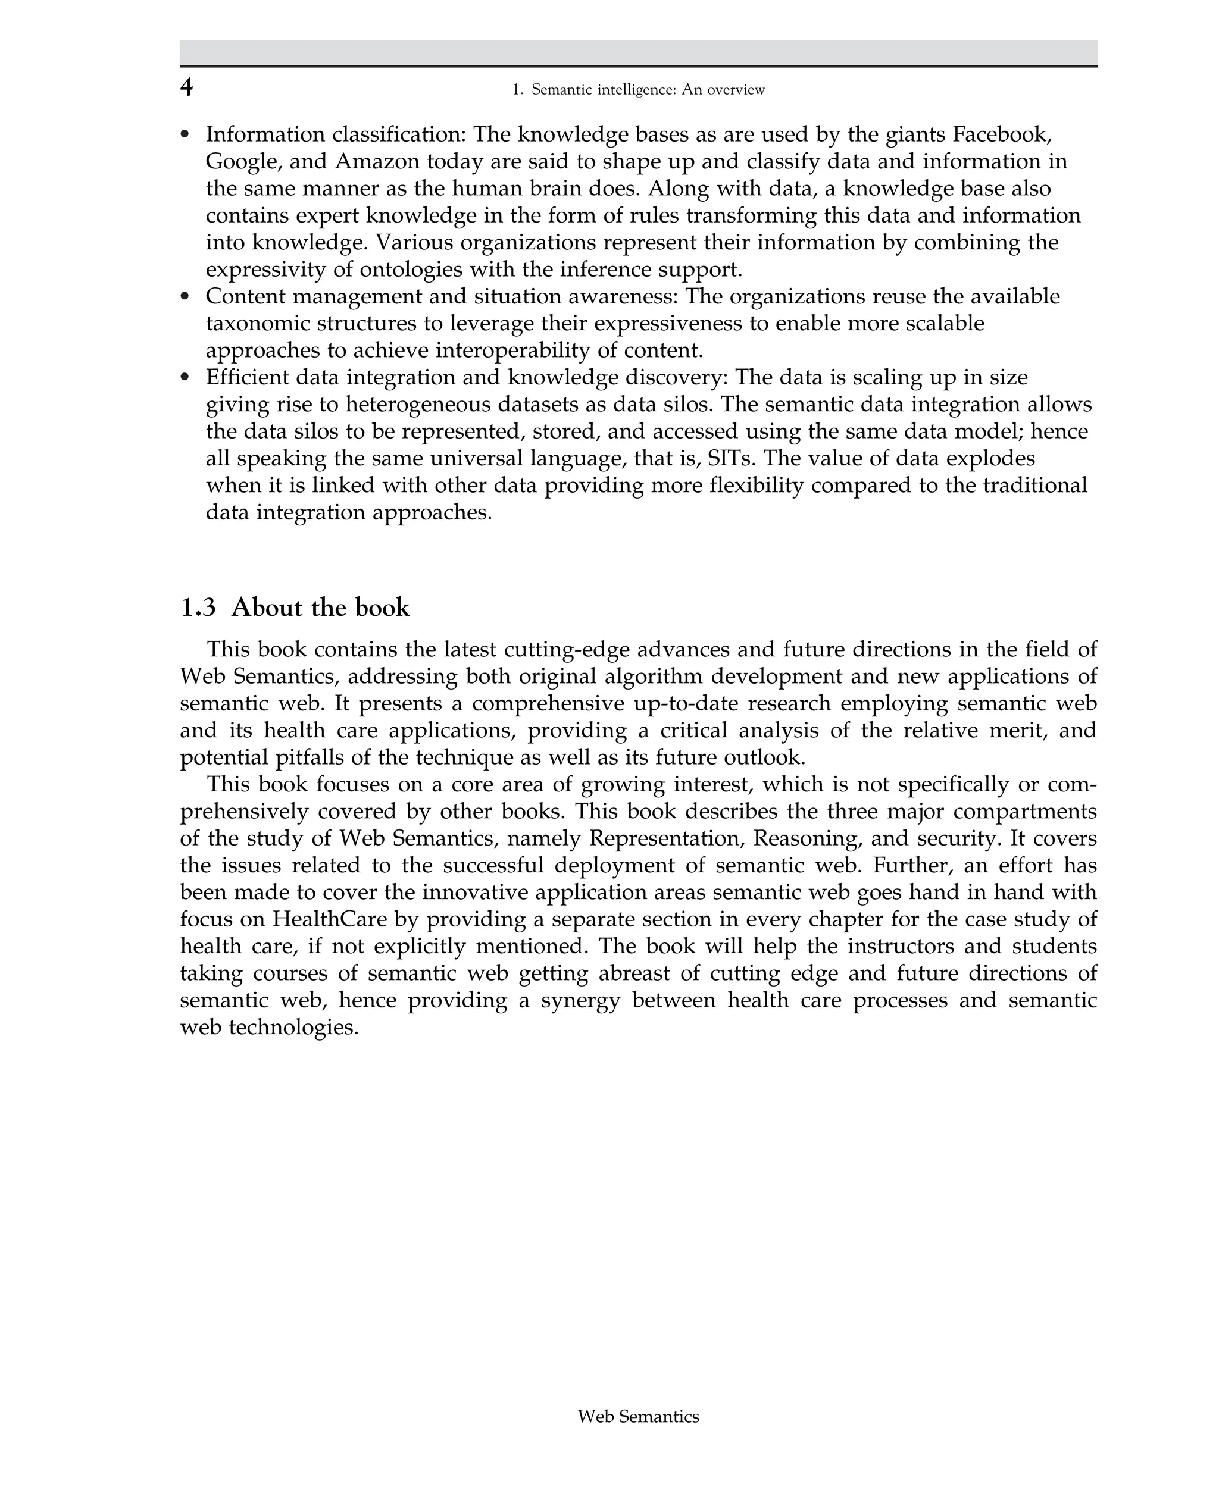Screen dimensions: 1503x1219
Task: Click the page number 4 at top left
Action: [x=186, y=87]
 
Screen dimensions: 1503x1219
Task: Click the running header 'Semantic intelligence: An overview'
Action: [x=648, y=90]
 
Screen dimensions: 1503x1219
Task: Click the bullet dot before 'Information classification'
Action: [x=185, y=135]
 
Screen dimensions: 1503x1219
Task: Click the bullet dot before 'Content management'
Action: [x=185, y=297]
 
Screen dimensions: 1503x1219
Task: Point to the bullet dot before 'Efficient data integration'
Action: [x=185, y=378]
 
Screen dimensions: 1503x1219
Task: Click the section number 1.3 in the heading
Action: [x=198, y=608]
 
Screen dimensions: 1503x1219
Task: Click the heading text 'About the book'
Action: [x=320, y=608]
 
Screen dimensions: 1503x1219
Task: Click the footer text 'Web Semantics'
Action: [x=638, y=1417]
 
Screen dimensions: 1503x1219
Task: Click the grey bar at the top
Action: [x=638, y=52]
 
